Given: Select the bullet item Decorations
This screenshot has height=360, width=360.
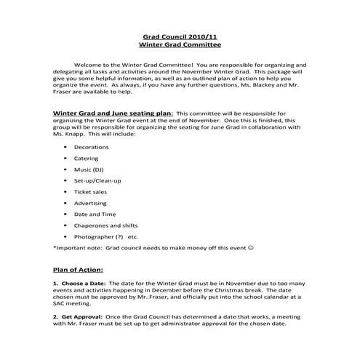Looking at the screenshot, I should (x=91, y=147).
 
